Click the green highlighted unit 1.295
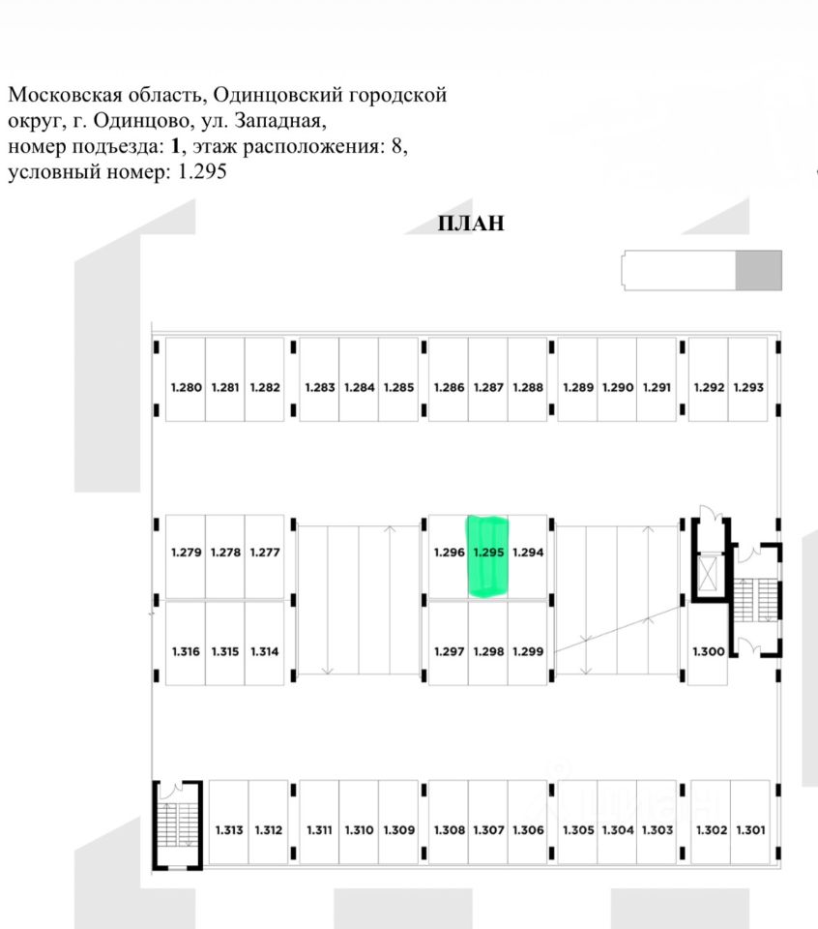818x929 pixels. (x=488, y=556)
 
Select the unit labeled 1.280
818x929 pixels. (x=186, y=379)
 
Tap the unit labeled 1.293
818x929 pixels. (x=748, y=379)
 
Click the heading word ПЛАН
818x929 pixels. (x=471, y=224)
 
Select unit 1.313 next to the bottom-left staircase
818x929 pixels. (x=228, y=822)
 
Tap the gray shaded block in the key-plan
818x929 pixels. (x=758, y=270)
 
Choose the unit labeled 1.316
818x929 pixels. (x=186, y=644)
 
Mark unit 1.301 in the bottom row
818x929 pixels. (x=750, y=822)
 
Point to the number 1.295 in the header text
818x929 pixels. (x=202, y=172)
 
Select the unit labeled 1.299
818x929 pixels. (x=527, y=644)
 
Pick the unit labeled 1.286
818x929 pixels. (x=449, y=379)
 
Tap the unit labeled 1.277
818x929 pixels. (x=265, y=557)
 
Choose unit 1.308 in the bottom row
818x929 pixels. (x=449, y=822)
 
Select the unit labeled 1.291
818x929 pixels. (x=657, y=379)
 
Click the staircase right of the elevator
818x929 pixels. (x=756, y=600)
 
